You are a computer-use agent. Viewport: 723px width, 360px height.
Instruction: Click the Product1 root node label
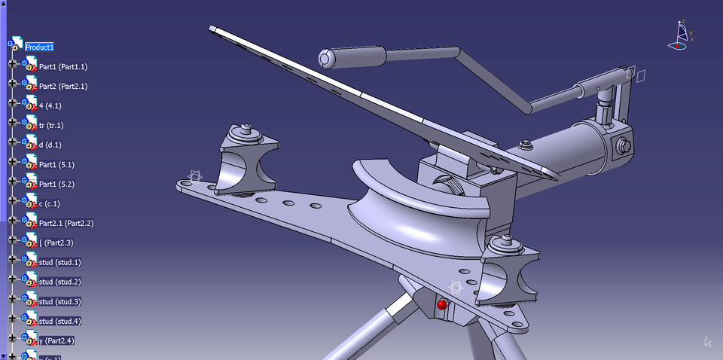click(39, 47)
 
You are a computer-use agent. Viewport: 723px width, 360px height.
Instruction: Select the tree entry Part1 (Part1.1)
click(63, 66)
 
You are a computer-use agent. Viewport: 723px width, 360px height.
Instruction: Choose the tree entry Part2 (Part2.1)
click(63, 86)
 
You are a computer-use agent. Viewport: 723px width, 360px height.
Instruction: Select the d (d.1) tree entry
click(50, 145)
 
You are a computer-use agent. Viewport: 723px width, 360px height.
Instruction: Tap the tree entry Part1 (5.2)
click(56, 184)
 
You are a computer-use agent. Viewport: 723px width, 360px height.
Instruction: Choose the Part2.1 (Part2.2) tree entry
click(66, 223)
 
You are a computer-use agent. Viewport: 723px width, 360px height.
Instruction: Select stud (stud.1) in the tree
click(59, 262)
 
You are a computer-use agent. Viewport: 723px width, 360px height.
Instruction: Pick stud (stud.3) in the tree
click(59, 301)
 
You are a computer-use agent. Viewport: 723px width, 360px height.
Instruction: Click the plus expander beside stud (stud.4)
click(12, 321)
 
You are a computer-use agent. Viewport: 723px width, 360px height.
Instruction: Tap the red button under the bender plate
click(442, 305)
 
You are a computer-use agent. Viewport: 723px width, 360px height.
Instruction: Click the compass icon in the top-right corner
click(681, 36)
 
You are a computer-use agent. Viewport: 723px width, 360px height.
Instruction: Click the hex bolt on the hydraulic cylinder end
click(623, 147)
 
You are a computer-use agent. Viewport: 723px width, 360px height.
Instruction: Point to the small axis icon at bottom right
click(707, 342)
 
